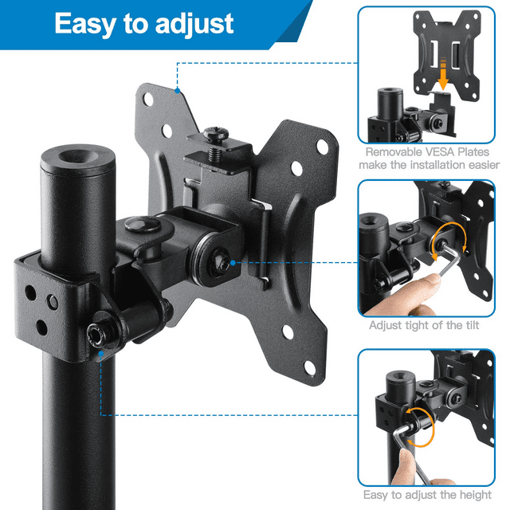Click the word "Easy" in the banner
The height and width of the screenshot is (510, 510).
[85, 23]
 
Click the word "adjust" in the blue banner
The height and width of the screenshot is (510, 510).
[194, 25]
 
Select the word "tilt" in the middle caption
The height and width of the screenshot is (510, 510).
[470, 325]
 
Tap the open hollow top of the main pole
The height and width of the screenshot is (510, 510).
[78, 156]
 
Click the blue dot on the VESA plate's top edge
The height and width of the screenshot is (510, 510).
[177, 90]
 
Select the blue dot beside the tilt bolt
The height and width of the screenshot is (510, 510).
[233, 262]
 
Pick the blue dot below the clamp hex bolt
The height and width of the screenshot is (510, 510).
[101, 354]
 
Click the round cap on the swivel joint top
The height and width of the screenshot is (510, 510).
[143, 224]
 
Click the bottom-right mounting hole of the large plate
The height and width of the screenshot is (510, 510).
[309, 368]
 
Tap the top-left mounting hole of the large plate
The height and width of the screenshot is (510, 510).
[148, 99]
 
